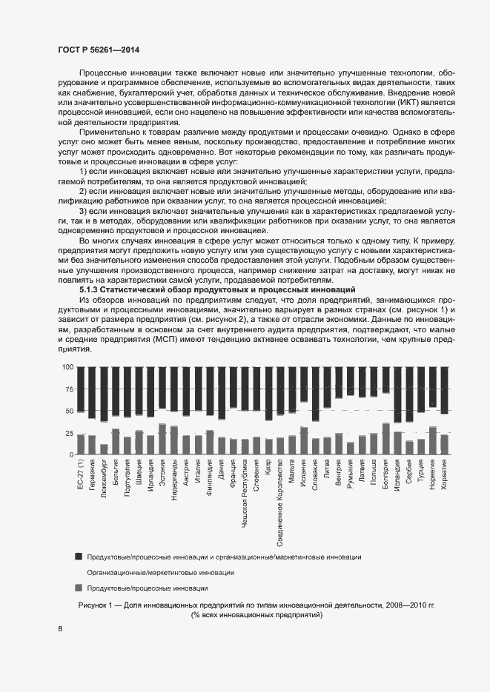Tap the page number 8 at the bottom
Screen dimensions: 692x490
60,629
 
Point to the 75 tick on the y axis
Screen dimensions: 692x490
68,389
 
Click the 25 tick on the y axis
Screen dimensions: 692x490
68,433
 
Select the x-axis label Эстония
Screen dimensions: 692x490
162,472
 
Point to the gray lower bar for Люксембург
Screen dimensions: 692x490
104,449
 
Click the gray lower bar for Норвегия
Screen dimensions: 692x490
433,440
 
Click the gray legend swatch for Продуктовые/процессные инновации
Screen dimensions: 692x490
79,588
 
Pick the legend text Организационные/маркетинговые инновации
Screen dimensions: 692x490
160,572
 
